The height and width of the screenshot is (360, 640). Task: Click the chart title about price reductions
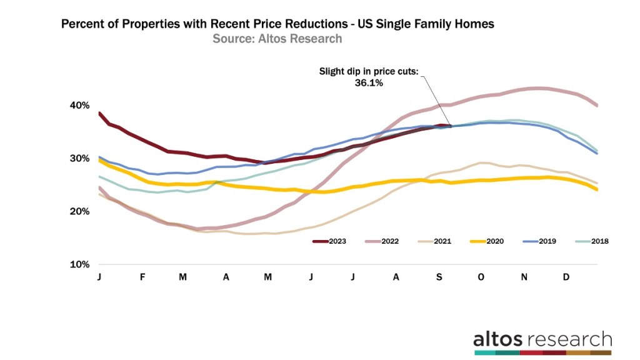[x=277, y=24]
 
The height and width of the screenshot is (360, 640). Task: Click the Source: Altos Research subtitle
[x=277, y=39]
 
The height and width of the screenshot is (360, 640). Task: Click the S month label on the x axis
[x=438, y=277]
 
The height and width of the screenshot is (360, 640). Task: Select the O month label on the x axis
[x=481, y=277]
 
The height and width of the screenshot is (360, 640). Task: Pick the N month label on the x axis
[x=524, y=277]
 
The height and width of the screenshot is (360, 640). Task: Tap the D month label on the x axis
[x=566, y=277]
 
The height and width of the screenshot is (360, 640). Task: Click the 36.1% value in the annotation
[x=369, y=82]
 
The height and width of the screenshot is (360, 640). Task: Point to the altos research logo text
[x=542, y=339]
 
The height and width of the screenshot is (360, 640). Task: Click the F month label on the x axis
[x=142, y=277]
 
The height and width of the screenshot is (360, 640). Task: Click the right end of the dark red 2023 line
[x=449, y=126]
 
